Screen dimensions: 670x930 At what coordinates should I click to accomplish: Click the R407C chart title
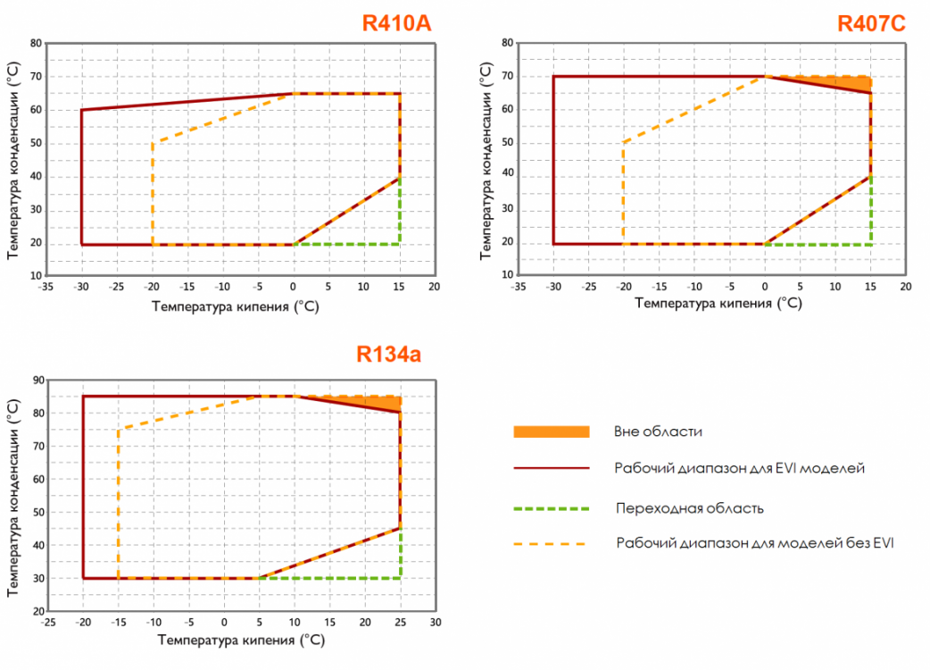click(x=871, y=23)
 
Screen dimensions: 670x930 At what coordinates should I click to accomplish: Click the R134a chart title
click(x=388, y=354)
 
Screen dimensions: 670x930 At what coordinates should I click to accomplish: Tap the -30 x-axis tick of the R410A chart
click(x=81, y=288)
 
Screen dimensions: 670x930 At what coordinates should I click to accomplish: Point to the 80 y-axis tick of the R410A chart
click(x=37, y=43)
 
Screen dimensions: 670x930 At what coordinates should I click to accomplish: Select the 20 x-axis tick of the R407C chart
click(x=905, y=288)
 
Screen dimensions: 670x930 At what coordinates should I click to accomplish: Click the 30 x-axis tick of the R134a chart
click(x=435, y=623)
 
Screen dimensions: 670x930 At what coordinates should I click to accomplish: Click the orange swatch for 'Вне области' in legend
click(x=552, y=431)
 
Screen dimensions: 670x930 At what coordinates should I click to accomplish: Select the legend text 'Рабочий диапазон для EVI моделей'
click(x=740, y=467)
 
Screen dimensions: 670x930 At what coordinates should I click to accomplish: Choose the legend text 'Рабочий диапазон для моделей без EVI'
click(x=754, y=542)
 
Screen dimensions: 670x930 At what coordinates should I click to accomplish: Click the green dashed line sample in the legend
click(x=552, y=508)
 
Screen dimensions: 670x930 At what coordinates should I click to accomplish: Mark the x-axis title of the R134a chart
click(x=240, y=641)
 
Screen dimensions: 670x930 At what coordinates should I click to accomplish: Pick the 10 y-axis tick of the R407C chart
click(x=508, y=277)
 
